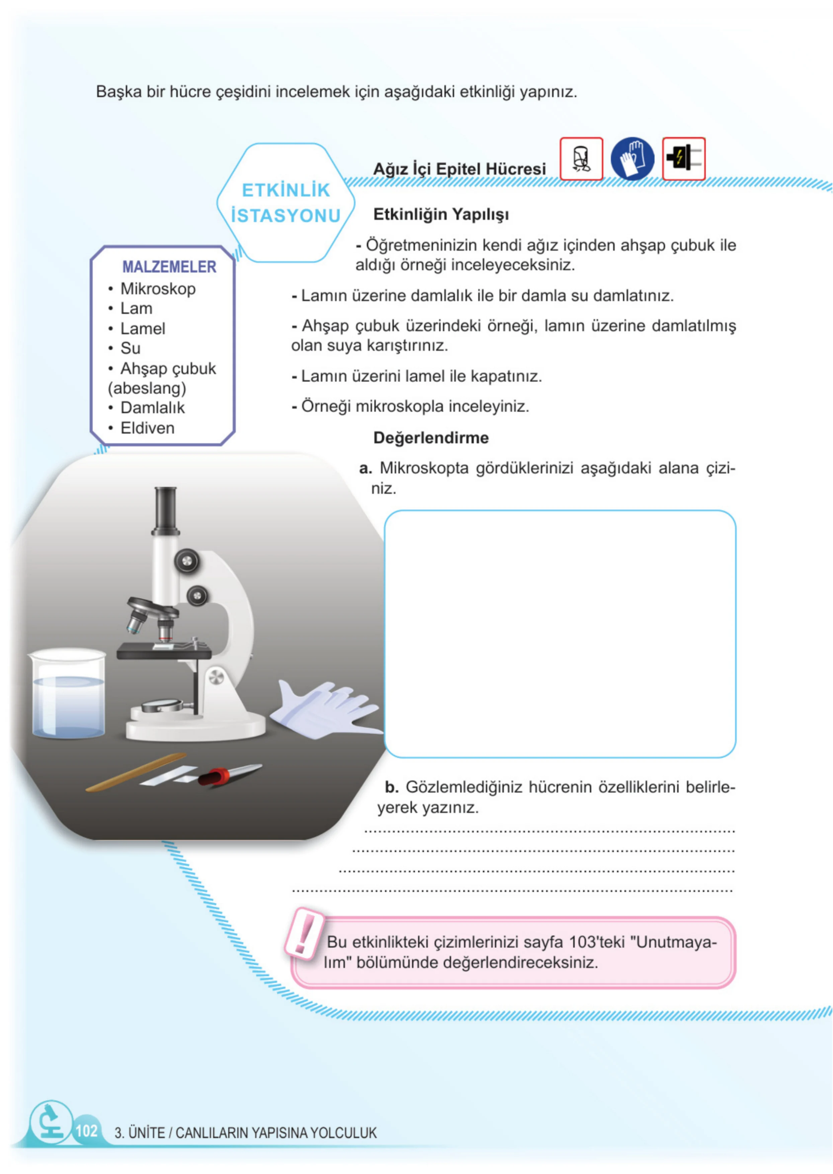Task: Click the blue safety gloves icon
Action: (633, 159)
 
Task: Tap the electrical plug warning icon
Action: (684, 159)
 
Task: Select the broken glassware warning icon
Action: (581, 159)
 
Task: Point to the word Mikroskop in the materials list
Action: (158, 289)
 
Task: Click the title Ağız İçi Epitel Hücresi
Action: (460, 169)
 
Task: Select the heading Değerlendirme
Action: (431, 438)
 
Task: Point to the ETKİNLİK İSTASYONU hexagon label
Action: (286, 203)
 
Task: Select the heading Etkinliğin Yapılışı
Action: (441, 214)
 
